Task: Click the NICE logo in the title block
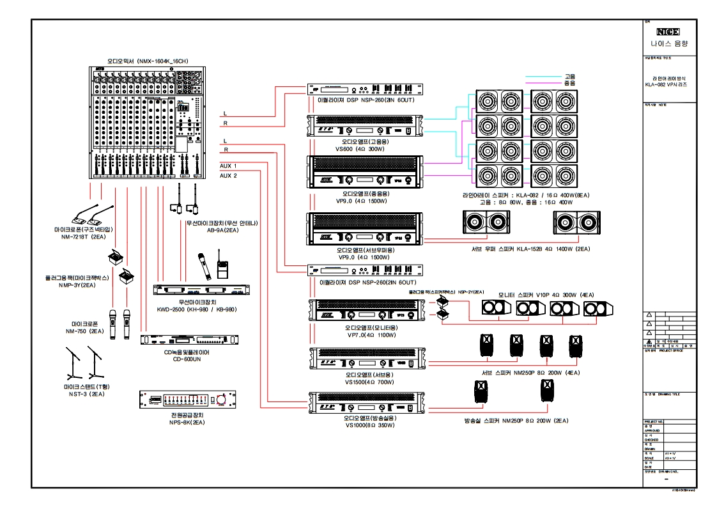pyautogui.click(x=667, y=31)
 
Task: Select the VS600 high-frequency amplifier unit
pyautogui.click(x=365, y=126)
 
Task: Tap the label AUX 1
pyautogui.click(x=228, y=165)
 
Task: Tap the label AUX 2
pyautogui.click(x=228, y=175)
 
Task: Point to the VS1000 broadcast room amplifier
pyautogui.click(x=365, y=403)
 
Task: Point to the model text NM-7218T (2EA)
pyautogui.click(x=84, y=237)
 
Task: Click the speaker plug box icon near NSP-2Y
pyautogui.click(x=442, y=308)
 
